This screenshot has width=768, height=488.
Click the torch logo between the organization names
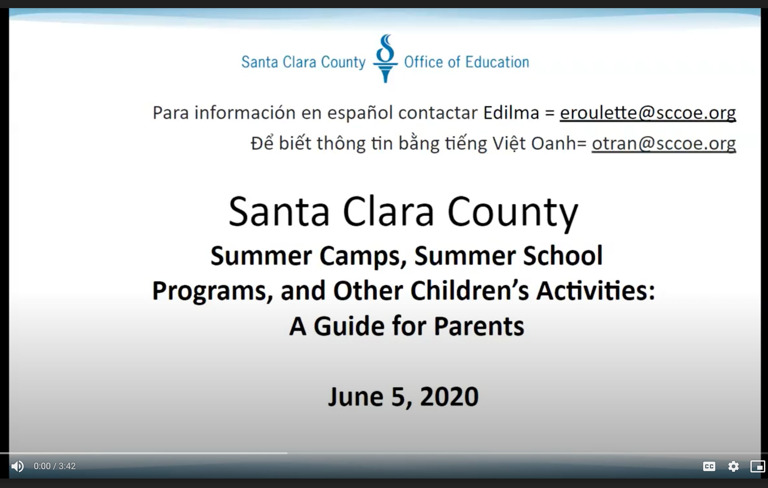[x=385, y=58]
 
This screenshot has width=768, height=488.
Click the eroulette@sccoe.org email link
[x=648, y=113]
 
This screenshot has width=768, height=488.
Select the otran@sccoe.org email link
[x=664, y=144]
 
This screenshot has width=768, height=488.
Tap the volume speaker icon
[x=18, y=466]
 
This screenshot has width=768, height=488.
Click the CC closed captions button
[x=709, y=467]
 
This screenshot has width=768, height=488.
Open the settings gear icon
[x=733, y=467]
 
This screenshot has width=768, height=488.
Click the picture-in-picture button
[x=758, y=467]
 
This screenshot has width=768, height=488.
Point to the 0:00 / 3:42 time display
[x=55, y=466]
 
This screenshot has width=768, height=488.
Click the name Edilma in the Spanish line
[x=511, y=113]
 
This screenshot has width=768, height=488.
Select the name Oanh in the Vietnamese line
[x=554, y=143]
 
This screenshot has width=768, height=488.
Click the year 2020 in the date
[x=449, y=396]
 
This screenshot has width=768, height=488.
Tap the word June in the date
[x=356, y=396]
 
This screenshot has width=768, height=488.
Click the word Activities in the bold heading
[x=596, y=291]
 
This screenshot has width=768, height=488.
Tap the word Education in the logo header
[x=497, y=62]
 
